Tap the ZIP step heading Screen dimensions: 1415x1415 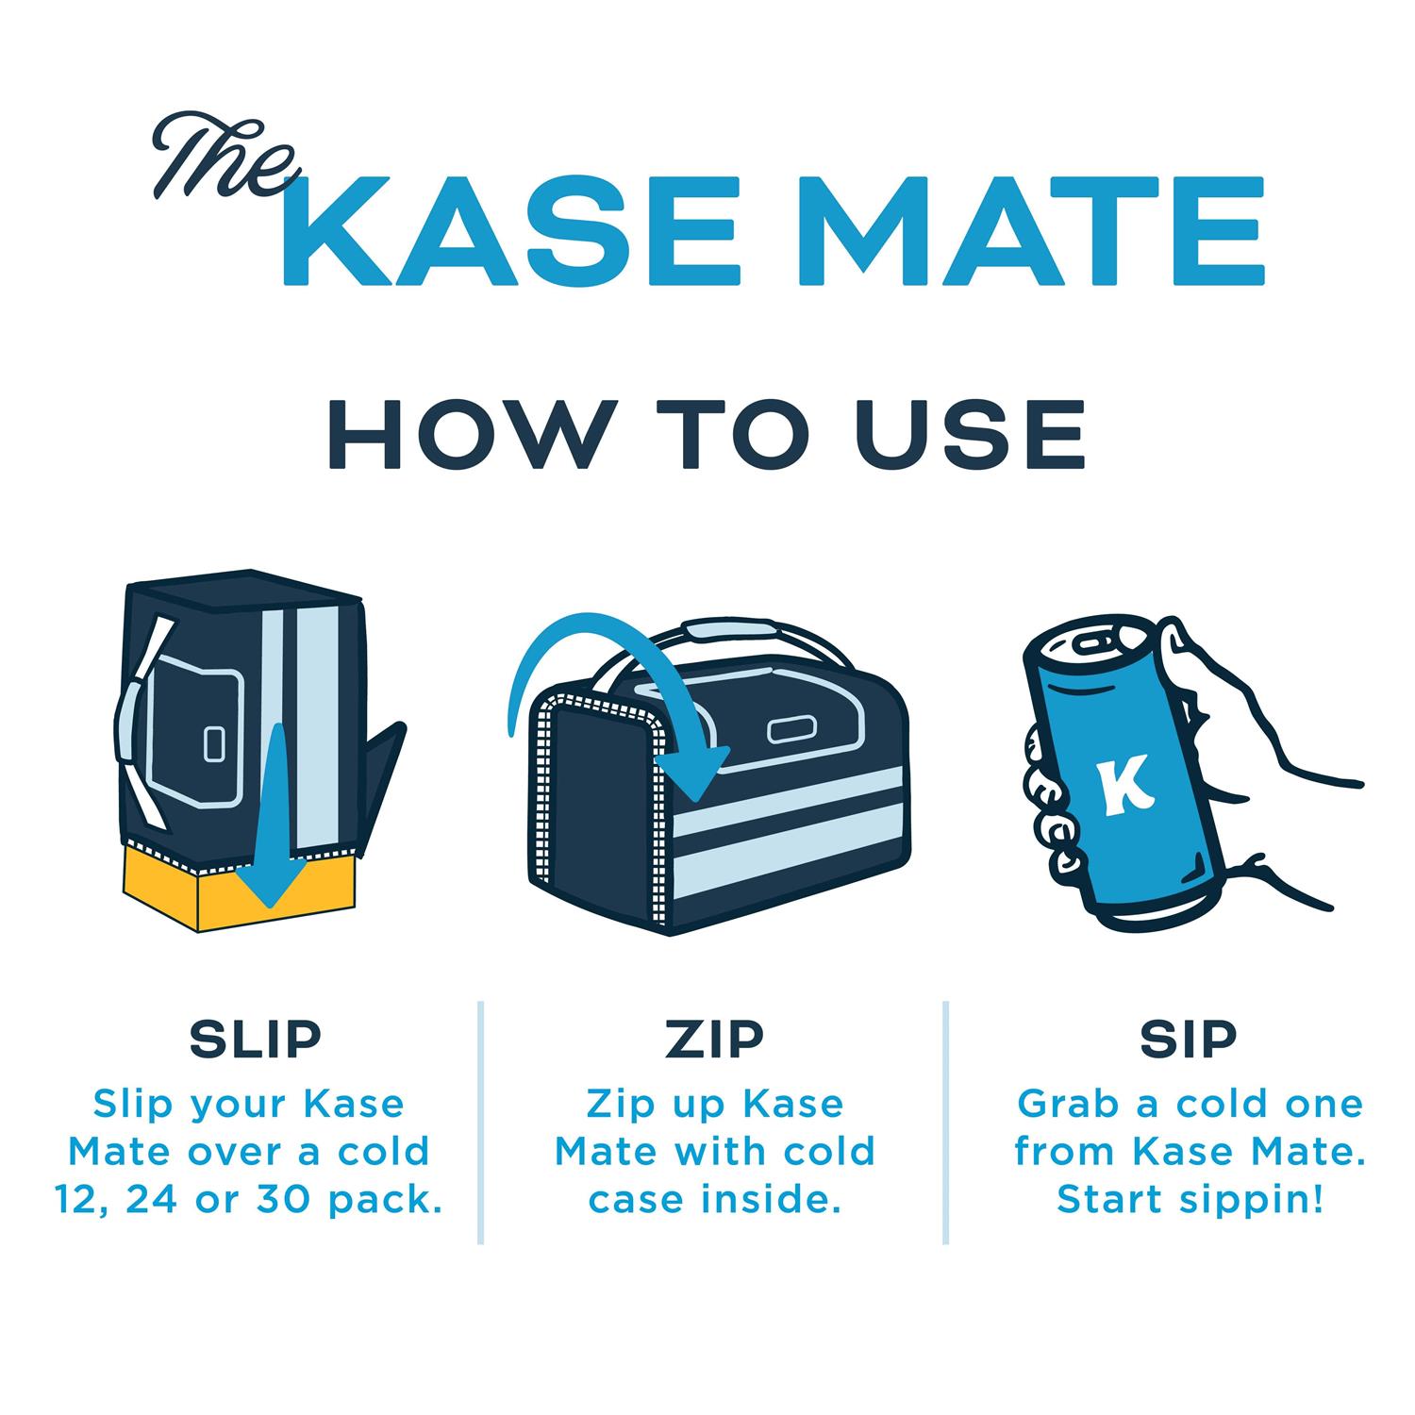point(714,1038)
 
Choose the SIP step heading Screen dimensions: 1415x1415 point(1188,1038)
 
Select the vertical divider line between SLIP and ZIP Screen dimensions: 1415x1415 point(481,1123)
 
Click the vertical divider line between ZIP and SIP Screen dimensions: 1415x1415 point(946,1123)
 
